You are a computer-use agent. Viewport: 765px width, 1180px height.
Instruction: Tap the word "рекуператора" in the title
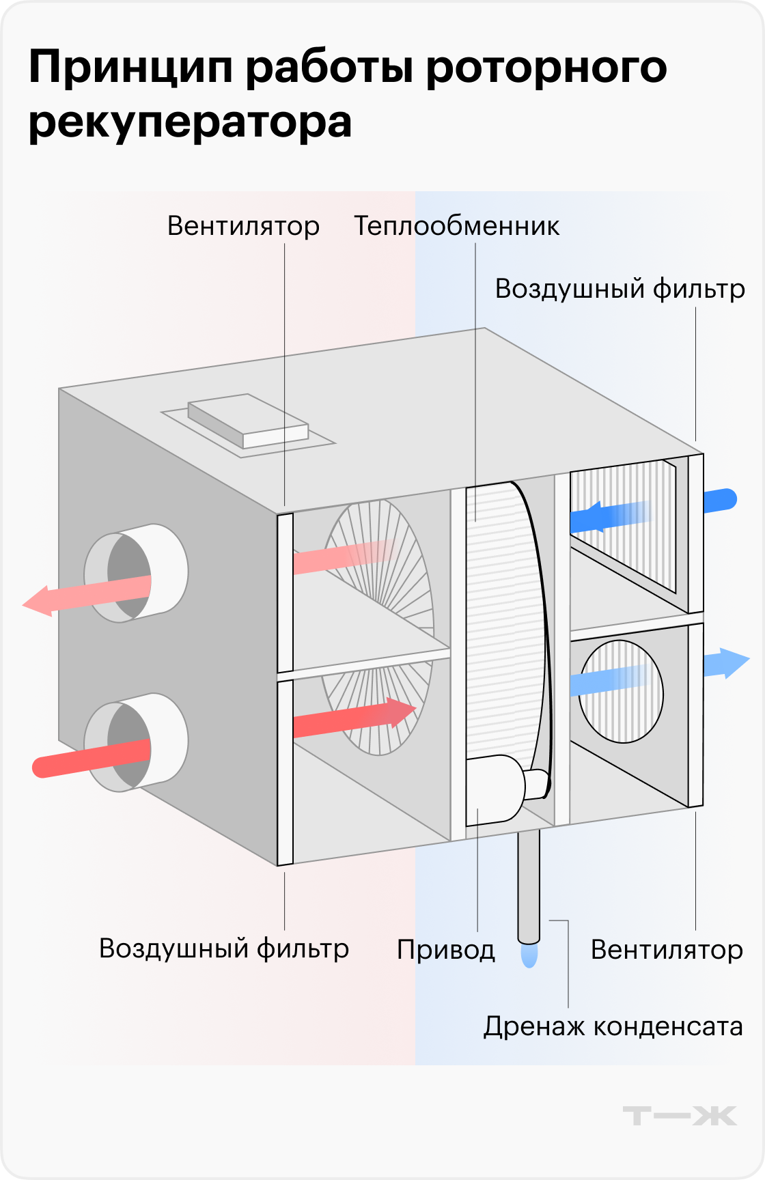[x=190, y=123]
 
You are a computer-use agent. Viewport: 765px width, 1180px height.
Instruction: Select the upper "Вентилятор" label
[x=243, y=226]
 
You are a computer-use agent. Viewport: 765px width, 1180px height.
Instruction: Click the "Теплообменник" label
[x=456, y=226]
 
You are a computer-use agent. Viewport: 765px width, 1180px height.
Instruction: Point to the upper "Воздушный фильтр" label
[x=620, y=289]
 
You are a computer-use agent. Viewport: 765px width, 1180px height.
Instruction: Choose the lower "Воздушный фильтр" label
[x=223, y=949]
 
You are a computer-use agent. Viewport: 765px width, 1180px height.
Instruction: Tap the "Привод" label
[x=445, y=950]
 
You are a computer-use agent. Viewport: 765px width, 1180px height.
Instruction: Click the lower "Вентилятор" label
[x=667, y=950]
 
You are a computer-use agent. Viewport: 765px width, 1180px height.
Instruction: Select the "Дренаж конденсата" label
[x=613, y=1026]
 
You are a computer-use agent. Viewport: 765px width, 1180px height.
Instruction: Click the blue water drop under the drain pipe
[x=529, y=955]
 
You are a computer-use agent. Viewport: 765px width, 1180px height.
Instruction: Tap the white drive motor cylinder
[x=499, y=789]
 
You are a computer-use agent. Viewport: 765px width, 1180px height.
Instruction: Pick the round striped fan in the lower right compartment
[x=621, y=691]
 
